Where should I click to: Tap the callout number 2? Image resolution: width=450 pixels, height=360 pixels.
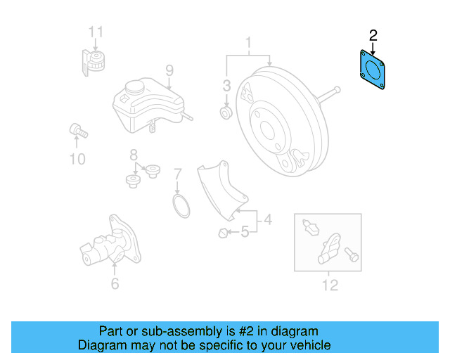tap(373, 34)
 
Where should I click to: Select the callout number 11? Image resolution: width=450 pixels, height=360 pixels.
tap(96, 31)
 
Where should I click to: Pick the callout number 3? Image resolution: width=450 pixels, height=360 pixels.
tap(226, 86)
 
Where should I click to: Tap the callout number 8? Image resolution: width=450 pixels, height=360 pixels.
tap(132, 155)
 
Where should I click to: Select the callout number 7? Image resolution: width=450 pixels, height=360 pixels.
tap(178, 173)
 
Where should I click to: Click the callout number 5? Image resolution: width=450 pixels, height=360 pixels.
tap(245, 231)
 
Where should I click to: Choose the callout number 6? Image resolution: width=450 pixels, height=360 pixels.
tap(115, 283)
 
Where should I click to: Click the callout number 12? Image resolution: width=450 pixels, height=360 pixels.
tap(330, 284)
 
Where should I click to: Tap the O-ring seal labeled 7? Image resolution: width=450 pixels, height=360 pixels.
tap(182, 207)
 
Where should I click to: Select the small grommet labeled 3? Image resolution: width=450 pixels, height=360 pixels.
tap(226, 112)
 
